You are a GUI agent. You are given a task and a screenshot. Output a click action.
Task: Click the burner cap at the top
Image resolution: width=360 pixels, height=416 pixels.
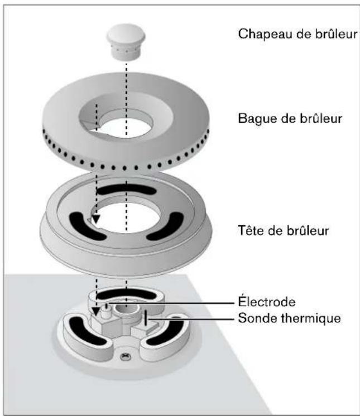(x=125, y=41)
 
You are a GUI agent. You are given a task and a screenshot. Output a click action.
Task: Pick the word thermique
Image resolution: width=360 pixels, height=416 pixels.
(x=309, y=318)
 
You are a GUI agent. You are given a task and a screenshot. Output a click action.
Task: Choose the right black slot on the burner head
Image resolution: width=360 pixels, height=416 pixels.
(x=165, y=225)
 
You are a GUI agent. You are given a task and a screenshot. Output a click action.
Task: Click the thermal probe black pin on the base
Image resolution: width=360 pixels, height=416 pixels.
(x=145, y=318)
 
